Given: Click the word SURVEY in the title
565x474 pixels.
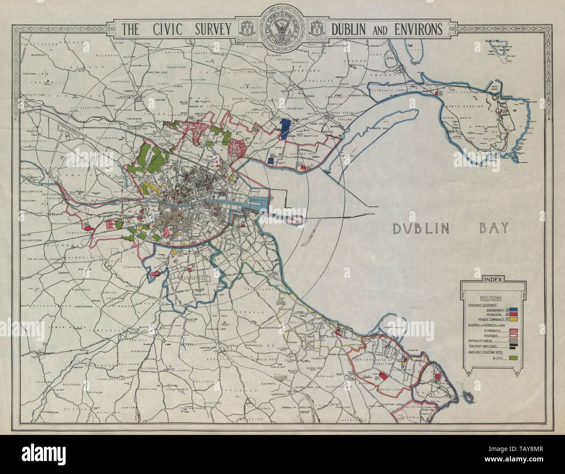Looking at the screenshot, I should (x=208, y=29).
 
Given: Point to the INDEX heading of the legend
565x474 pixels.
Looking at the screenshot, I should (x=491, y=280).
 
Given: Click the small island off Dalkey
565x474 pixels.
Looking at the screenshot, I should (x=468, y=397).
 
